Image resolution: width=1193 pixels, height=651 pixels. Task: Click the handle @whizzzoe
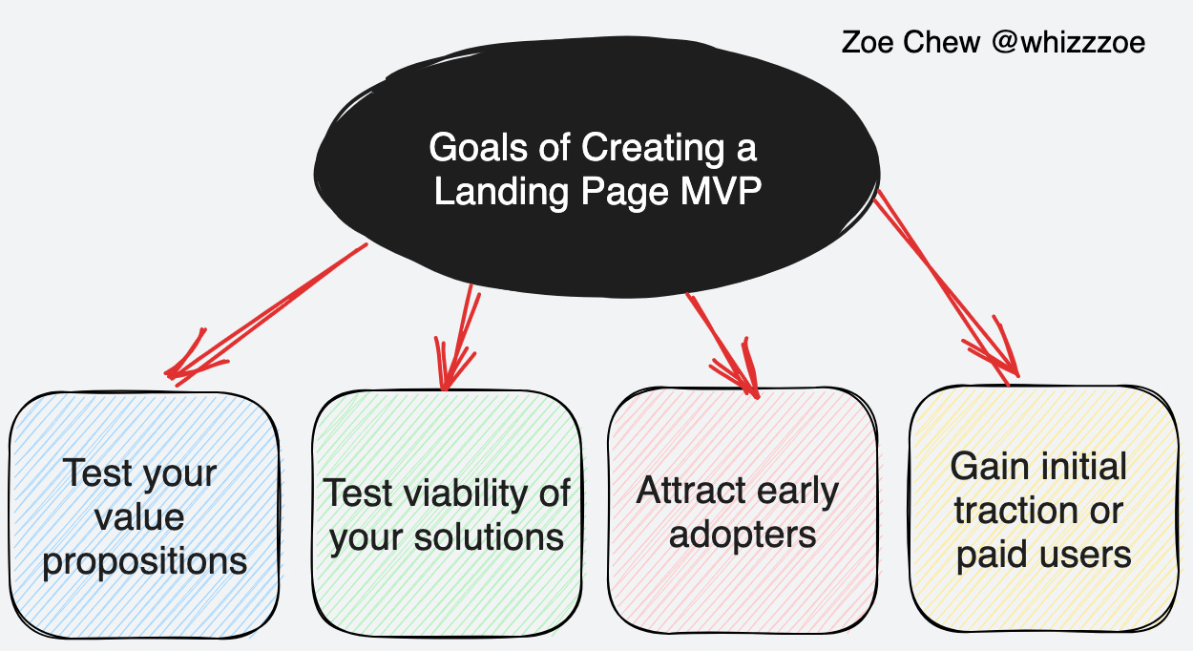(x=1068, y=42)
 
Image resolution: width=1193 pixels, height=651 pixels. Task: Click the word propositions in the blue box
(x=145, y=560)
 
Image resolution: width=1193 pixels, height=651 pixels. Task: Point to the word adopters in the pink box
(x=743, y=534)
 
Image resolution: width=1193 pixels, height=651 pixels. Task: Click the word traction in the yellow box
(x=1011, y=511)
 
